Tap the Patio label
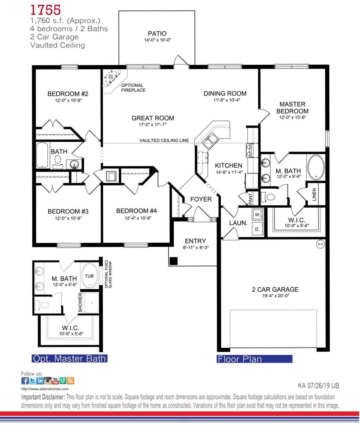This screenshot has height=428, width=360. point(157,34)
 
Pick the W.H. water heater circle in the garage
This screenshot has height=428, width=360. point(319,245)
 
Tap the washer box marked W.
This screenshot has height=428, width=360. point(257,214)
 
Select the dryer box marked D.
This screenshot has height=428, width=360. point(257,229)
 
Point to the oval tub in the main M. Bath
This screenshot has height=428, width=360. point(316,167)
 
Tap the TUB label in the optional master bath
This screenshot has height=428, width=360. point(89,276)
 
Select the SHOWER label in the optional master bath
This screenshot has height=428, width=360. point(81,302)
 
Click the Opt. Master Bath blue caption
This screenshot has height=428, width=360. point(70,359)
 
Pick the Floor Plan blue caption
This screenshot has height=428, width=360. point(254,359)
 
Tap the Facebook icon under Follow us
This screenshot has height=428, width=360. point(25,380)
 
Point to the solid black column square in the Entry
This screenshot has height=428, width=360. point(173,260)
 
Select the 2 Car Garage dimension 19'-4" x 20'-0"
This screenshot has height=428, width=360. point(275,297)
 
